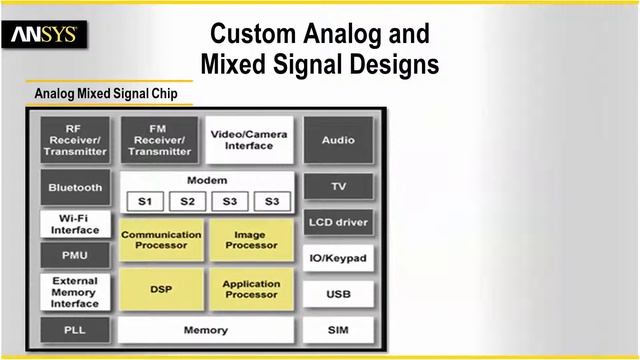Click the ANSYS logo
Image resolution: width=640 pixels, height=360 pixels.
45,37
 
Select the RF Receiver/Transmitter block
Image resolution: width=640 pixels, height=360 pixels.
75,140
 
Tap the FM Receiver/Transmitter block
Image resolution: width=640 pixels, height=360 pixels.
160,140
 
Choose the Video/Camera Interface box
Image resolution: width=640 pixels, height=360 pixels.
249,139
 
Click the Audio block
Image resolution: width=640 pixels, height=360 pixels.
338,140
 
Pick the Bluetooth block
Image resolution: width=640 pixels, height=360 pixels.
75,187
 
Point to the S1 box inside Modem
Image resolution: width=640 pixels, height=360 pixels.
144,201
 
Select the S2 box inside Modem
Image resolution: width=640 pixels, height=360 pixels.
187,201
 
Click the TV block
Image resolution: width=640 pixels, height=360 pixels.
338,187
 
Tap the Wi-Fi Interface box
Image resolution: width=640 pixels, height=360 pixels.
75,223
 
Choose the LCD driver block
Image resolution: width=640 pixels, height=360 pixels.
338,222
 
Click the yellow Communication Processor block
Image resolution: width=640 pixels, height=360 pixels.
161,241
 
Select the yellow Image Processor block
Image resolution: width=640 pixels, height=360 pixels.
251,241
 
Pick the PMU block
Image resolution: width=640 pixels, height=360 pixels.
75,255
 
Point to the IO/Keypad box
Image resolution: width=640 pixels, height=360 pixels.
338,259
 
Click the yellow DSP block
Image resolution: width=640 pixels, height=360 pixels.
161,290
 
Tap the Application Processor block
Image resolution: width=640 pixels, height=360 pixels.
251,290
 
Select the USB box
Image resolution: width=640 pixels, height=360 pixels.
338,295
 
